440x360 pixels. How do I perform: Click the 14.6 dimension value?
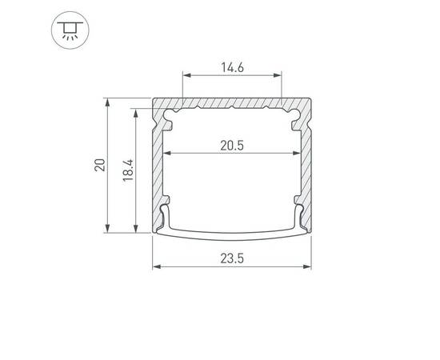point(232,68)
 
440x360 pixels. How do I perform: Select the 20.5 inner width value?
point(232,146)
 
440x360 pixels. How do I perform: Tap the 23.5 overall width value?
point(232,258)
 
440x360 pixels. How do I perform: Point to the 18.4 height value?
point(128,170)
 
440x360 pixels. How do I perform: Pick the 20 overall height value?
point(100,165)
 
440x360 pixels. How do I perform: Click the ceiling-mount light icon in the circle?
point(70,30)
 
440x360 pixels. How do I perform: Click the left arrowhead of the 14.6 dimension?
point(186,75)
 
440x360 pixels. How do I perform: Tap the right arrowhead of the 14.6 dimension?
point(278,75)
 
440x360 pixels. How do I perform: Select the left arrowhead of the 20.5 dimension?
point(167,154)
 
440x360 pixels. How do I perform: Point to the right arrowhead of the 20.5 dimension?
point(296,154)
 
